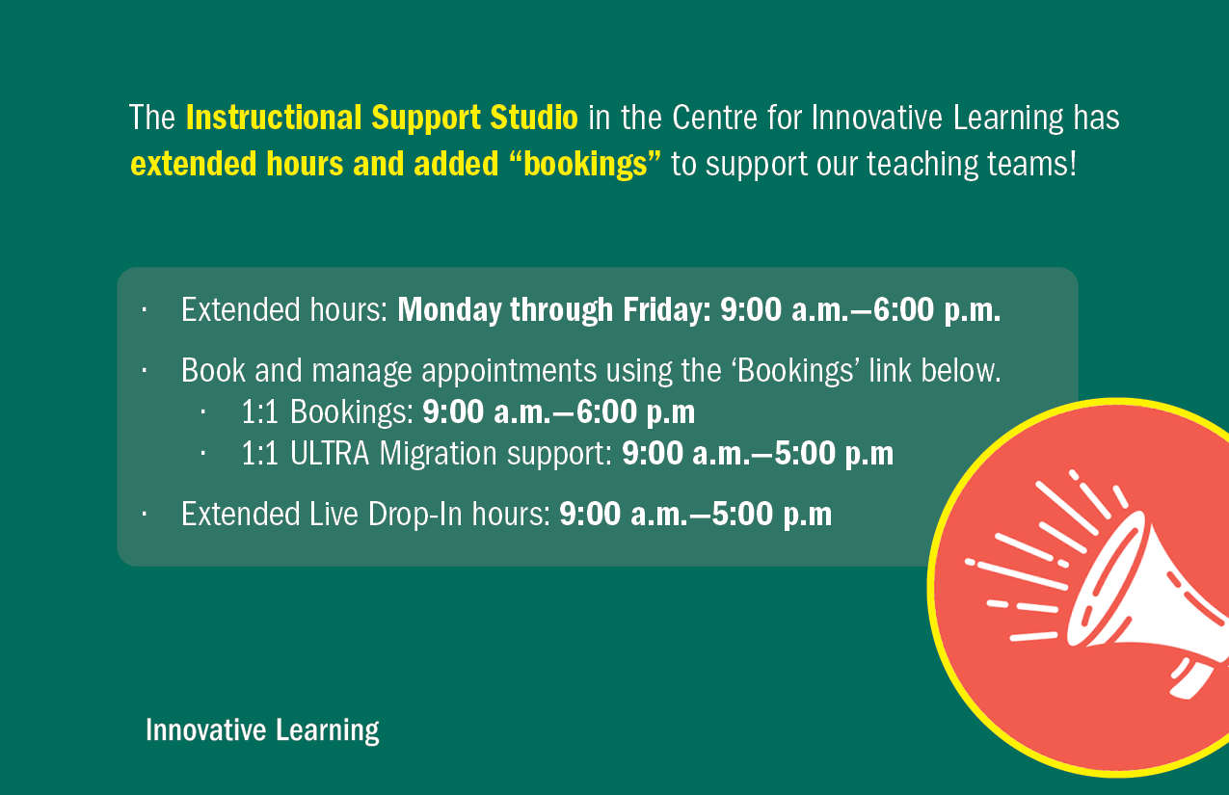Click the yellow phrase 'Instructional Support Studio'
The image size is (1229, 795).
tap(382, 119)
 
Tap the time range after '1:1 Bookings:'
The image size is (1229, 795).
tap(558, 412)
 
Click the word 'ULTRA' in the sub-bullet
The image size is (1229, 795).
tap(330, 454)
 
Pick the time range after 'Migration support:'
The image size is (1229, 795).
tap(758, 454)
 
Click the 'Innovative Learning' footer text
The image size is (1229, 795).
tap(262, 730)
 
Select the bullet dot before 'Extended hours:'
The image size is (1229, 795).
tap(143, 310)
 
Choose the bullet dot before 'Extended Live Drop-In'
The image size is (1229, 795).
tap(143, 514)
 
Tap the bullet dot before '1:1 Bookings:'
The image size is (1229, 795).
tap(204, 411)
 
